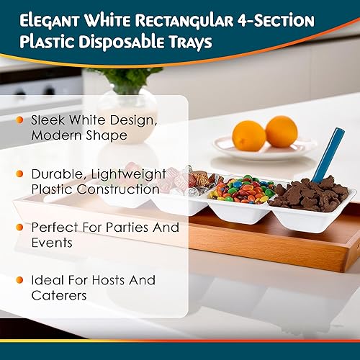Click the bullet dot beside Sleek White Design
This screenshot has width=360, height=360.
click(x=19, y=119)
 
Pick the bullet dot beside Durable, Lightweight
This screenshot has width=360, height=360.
click(x=19, y=174)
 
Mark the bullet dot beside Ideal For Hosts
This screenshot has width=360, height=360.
click(x=19, y=279)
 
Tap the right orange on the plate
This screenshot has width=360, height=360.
click(x=282, y=132)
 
